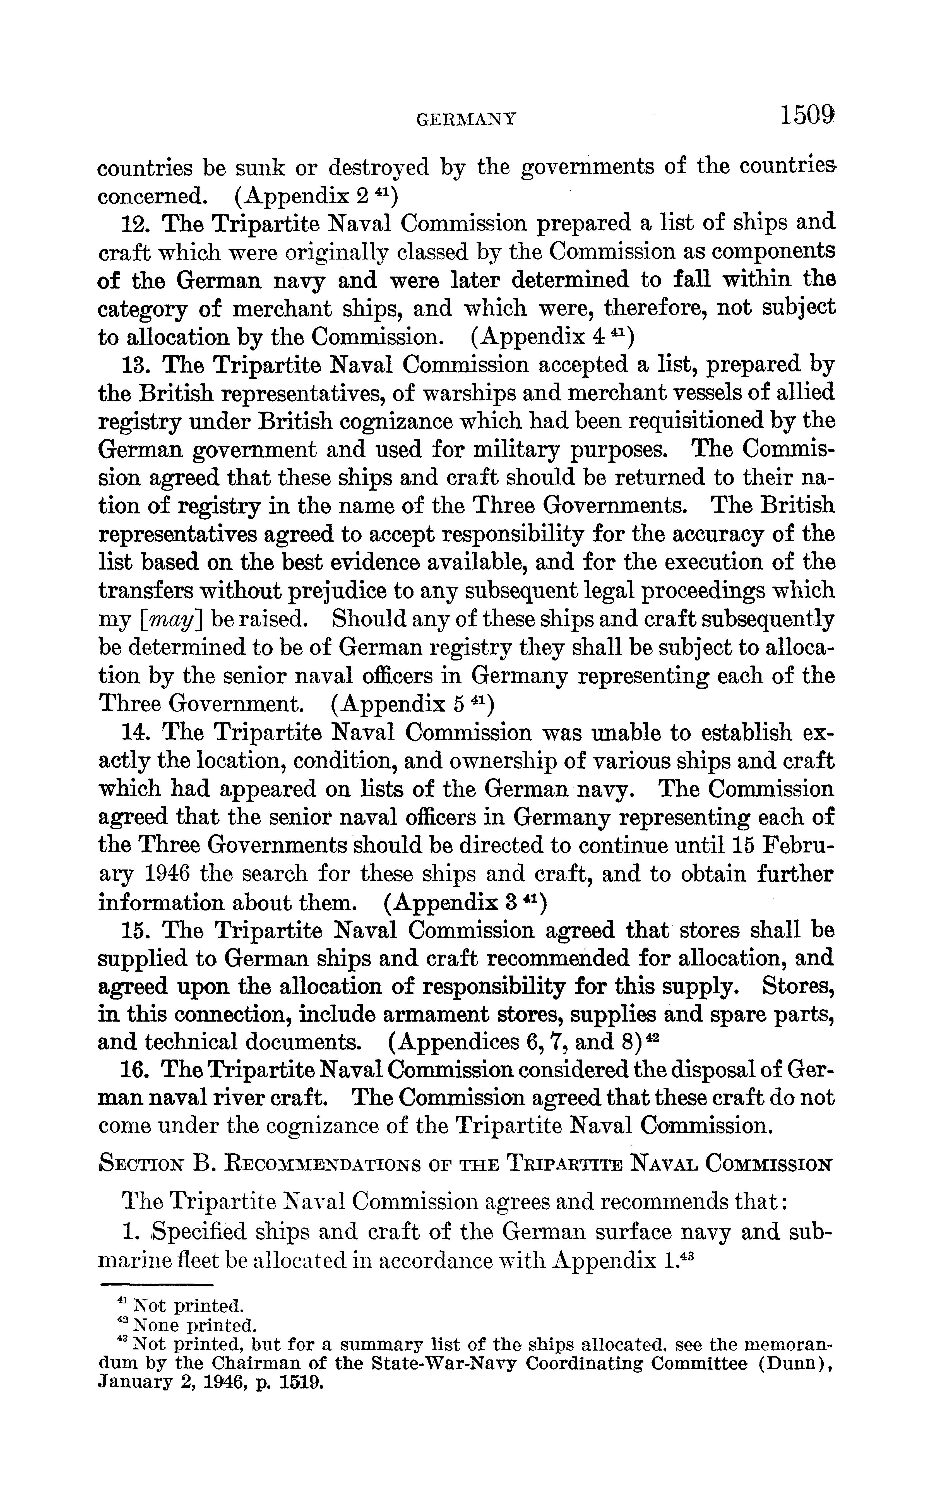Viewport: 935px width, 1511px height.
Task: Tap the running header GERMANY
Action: pos(466,119)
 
